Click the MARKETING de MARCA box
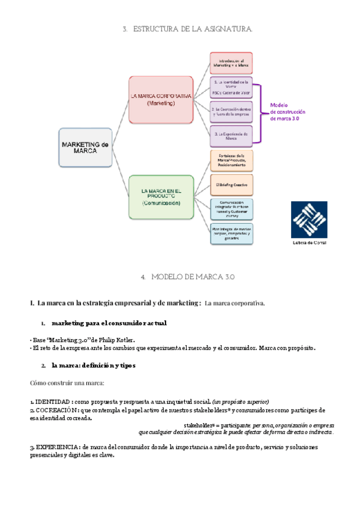85,147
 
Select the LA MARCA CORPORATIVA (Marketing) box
161,100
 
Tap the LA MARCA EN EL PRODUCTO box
161,197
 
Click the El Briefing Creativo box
232,181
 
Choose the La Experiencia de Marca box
231,136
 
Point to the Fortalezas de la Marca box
232,160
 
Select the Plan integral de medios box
232,232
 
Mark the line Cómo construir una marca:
67,382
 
